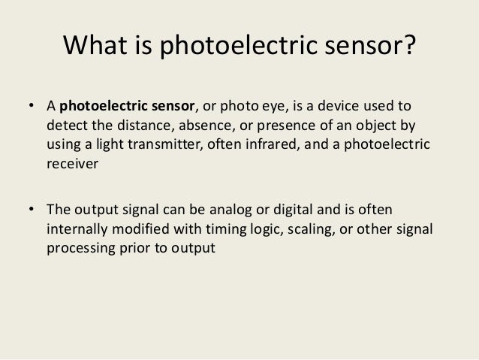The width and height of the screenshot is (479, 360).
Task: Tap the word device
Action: (342, 104)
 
